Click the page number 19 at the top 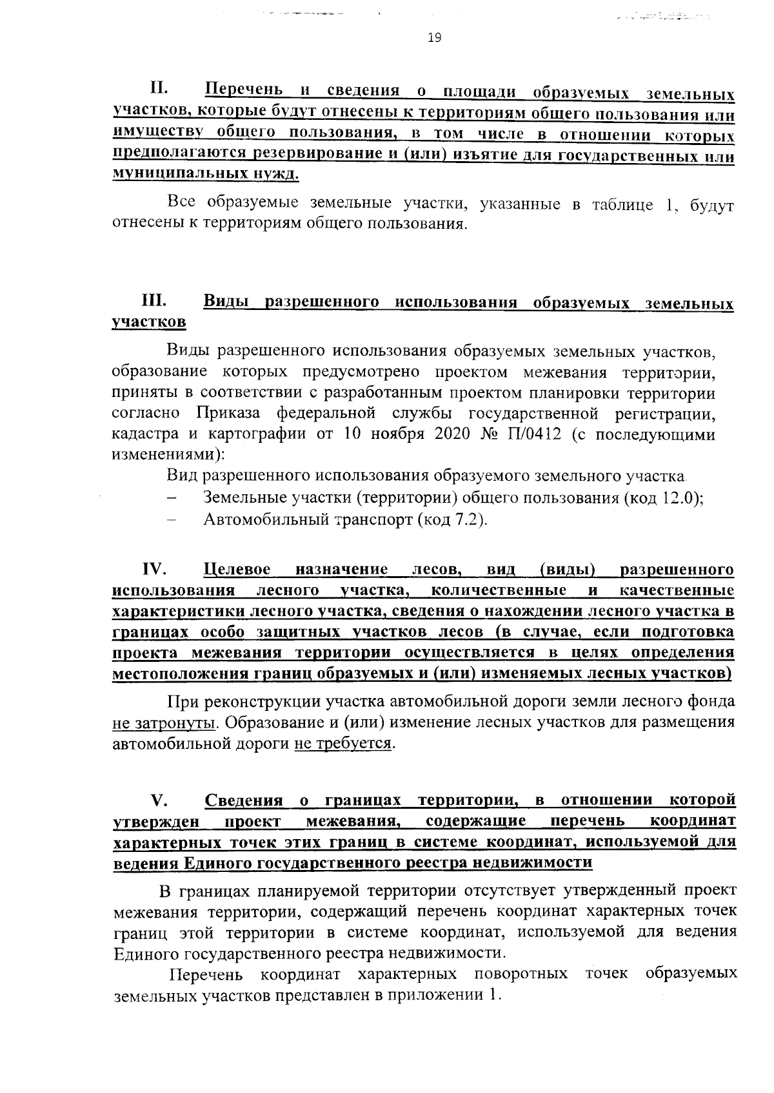(x=434, y=38)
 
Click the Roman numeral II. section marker (x=159, y=87)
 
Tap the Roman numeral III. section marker (x=155, y=301)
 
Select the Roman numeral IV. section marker (x=155, y=569)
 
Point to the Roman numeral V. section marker (x=159, y=800)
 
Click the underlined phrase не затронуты (x=163, y=722)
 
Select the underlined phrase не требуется (x=342, y=744)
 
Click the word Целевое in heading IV (x=237, y=570)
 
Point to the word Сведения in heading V (x=244, y=800)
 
